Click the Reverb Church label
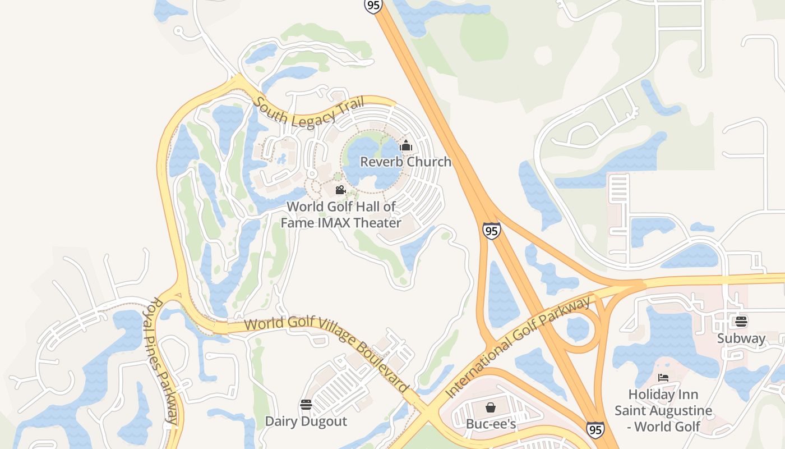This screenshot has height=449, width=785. [x=405, y=162]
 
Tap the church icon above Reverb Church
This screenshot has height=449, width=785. [x=406, y=146]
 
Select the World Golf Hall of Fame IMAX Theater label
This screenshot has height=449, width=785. [x=341, y=214]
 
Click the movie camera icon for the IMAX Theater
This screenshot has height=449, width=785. [x=339, y=190]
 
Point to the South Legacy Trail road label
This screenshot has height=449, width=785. [x=309, y=112]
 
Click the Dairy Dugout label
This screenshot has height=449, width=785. [x=306, y=421]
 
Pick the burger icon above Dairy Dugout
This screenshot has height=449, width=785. [x=306, y=405]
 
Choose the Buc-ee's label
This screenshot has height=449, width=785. [x=491, y=424]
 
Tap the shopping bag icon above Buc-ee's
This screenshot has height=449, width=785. [x=491, y=407]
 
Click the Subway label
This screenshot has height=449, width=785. [x=741, y=338]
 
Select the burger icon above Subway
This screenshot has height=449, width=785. [x=741, y=322]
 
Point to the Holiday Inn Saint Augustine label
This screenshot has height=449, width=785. [x=663, y=410]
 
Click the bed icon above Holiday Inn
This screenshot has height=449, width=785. [x=663, y=378]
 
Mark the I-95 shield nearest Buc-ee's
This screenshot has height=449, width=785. [x=595, y=430]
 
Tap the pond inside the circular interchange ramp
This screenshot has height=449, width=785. [x=578, y=329]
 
